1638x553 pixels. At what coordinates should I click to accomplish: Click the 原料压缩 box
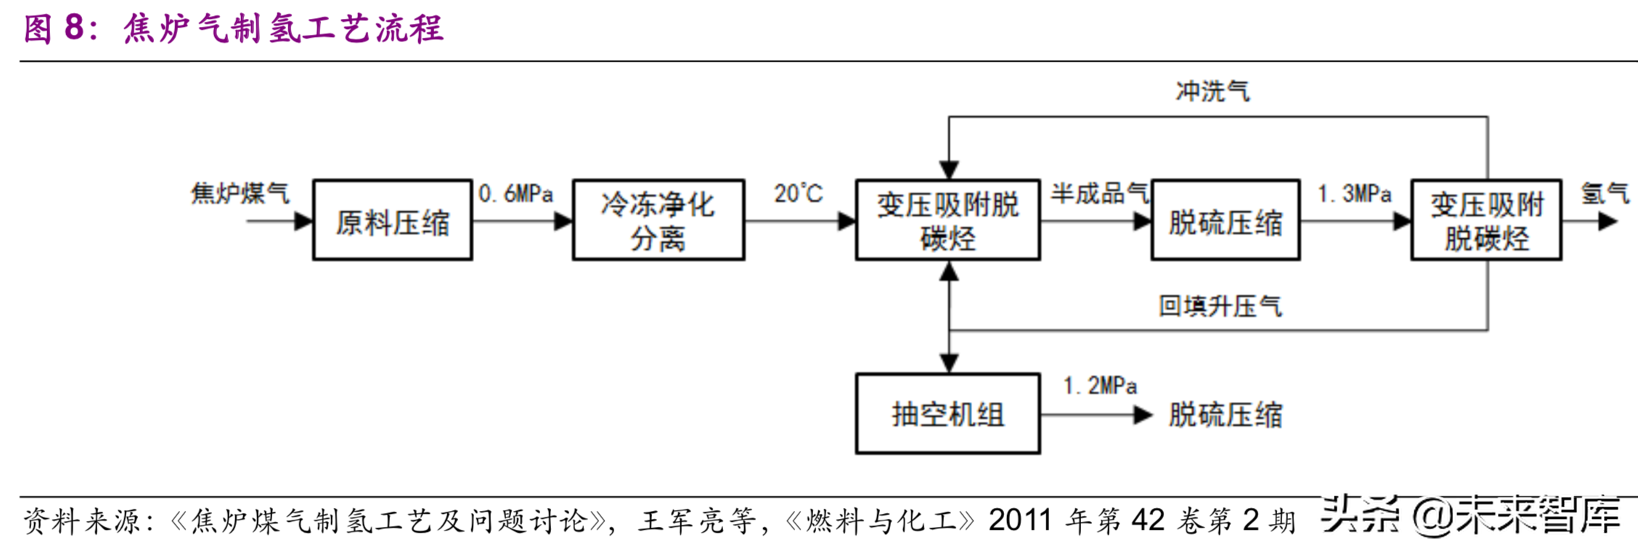(x=392, y=220)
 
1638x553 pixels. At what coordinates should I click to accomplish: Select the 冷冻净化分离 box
(x=658, y=220)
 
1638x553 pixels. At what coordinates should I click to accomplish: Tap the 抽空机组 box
(x=947, y=414)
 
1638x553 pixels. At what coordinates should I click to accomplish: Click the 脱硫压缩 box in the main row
(x=1225, y=220)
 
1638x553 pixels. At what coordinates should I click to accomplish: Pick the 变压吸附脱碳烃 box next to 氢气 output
(x=1486, y=220)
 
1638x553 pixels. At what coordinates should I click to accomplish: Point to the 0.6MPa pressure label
(x=516, y=194)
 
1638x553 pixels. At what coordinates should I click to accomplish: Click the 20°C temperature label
(x=798, y=194)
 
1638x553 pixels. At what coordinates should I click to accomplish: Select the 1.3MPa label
(x=1354, y=194)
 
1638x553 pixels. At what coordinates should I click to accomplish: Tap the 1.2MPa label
(x=1099, y=385)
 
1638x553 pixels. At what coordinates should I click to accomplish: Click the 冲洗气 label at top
(x=1212, y=91)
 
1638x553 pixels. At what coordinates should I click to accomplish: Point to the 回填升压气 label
(x=1219, y=306)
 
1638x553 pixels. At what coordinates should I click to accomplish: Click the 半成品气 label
(x=1099, y=193)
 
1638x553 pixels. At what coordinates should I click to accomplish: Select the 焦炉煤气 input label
(x=240, y=193)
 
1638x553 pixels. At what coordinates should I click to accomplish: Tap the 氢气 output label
(x=1605, y=193)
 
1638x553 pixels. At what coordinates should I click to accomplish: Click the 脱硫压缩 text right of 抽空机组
(x=1225, y=415)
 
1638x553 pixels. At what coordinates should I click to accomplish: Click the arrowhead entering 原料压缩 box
(x=303, y=221)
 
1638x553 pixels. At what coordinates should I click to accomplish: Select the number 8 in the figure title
(x=75, y=28)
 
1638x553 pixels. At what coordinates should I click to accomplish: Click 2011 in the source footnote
(x=1020, y=520)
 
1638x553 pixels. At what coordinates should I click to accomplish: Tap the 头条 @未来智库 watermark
(x=1470, y=515)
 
